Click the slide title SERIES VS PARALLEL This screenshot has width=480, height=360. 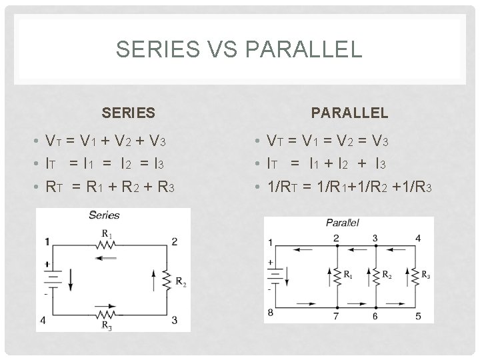click(239, 49)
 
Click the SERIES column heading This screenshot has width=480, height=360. click(128, 113)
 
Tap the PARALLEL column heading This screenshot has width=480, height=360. click(358, 113)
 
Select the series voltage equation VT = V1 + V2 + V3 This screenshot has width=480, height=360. click(105, 141)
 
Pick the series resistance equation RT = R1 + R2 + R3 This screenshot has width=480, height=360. click(109, 189)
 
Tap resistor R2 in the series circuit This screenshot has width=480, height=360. click(166, 279)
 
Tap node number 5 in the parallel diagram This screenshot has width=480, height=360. click(418, 316)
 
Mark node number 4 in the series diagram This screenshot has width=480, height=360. click(43, 320)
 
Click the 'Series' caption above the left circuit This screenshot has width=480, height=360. click(104, 215)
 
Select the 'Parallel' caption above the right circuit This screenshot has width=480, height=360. click(342, 222)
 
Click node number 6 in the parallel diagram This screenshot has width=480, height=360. click(376, 316)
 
